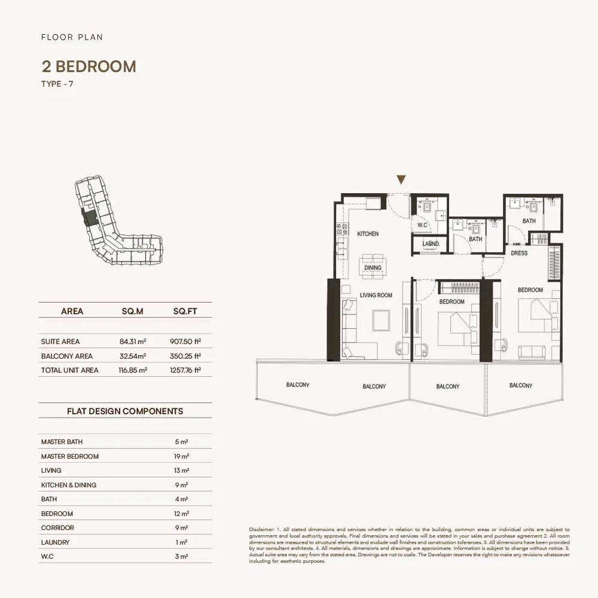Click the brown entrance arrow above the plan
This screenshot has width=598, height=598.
401,179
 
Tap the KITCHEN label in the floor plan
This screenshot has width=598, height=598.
368,234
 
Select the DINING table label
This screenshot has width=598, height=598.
373,268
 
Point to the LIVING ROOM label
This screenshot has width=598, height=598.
376,295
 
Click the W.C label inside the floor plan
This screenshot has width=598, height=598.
422,225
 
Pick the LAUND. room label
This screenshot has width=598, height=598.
431,244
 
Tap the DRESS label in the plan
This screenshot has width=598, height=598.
519,253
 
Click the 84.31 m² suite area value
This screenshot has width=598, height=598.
133,341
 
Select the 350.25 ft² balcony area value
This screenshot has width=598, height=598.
185,356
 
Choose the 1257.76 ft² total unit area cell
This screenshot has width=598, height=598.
185,370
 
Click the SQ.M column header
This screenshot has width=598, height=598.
132,311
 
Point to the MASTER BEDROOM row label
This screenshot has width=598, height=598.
70,456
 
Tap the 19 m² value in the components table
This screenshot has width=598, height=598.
182,456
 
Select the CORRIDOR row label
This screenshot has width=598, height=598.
57,528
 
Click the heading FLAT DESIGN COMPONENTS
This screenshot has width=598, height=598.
125,411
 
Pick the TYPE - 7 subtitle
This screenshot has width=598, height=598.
57,84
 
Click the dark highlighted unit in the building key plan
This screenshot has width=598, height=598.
91,218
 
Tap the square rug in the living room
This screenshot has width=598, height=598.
382,320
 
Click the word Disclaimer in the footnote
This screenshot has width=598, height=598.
261,530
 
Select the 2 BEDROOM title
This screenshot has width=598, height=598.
89,66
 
